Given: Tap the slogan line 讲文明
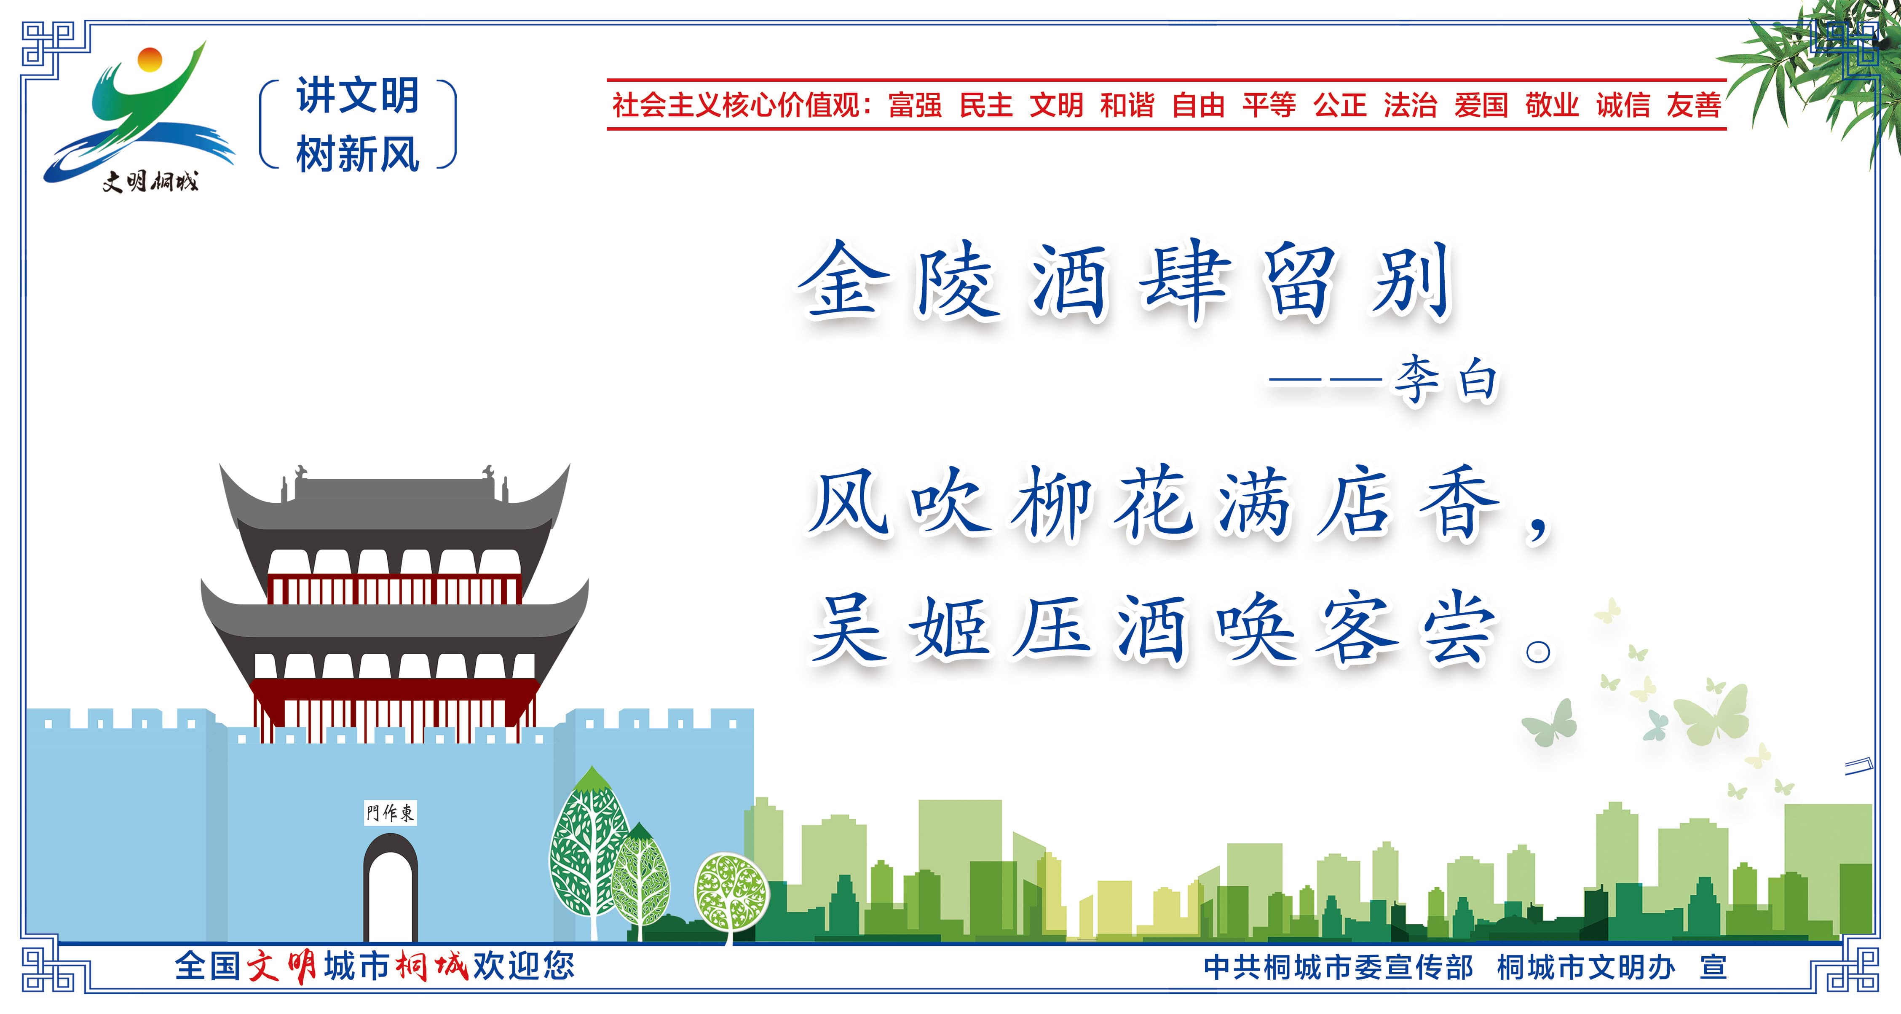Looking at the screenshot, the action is (358, 96).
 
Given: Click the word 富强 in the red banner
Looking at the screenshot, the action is (915, 105).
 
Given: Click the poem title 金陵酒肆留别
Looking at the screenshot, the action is (1125, 282).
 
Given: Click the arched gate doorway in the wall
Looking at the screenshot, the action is (391, 888).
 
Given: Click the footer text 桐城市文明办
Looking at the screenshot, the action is (1587, 967).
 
